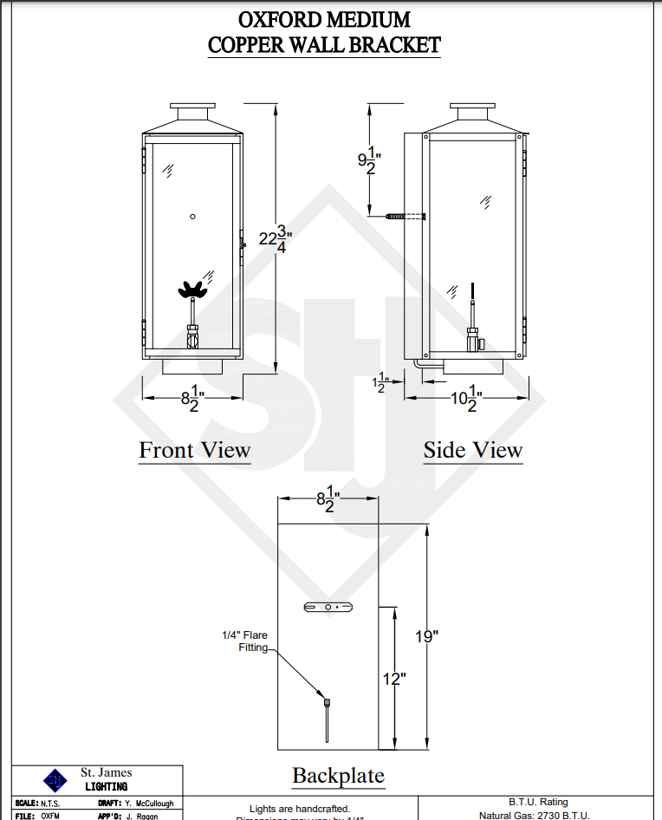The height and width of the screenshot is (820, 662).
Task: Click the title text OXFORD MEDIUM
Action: click(x=324, y=19)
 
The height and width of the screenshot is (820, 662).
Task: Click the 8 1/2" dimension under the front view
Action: click(x=192, y=399)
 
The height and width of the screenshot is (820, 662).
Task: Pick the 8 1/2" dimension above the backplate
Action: click(x=327, y=499)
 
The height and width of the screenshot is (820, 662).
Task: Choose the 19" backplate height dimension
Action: click(x=426, y=636)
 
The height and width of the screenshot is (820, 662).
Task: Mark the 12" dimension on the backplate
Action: click(x=393, y=679)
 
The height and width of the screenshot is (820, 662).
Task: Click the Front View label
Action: click(x=194, y=451)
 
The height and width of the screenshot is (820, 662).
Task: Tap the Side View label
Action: click(x=472, y=451)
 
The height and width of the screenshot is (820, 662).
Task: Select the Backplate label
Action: click(x=338, y=776)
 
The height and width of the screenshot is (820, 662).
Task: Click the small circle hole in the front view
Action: click(x=193, y=216)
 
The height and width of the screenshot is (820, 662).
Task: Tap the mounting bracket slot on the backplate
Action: click(x=328, y=608)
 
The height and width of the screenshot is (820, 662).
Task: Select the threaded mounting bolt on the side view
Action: click(x=400, y=215)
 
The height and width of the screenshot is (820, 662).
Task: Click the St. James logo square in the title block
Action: click(x=55, y=779)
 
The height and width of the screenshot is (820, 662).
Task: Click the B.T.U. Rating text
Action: click(x=538, y=803)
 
